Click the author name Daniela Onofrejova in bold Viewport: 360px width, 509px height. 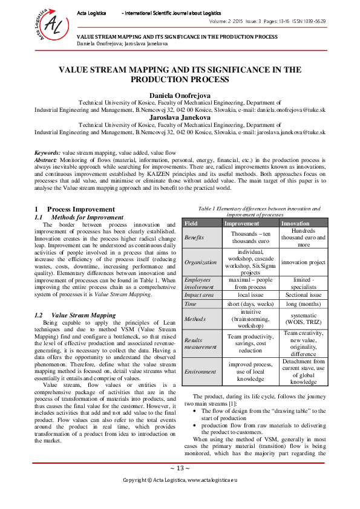click(x=180, y=96)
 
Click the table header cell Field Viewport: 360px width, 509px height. click(x=191, y=223)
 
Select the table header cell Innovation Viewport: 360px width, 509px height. click(x=295, y=223)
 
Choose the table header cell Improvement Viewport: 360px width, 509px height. click(x=242, y=223)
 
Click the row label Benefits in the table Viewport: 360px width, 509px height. click(x=194, y=238)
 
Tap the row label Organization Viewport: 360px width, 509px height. click(x=200, y=262)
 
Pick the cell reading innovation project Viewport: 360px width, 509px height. click(x=303, y=262)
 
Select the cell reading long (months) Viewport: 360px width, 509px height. click(x=303, y=304)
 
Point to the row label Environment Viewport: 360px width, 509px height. click(x=200, y=371)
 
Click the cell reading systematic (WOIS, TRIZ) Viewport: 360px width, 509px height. click(x=303, y=319)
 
